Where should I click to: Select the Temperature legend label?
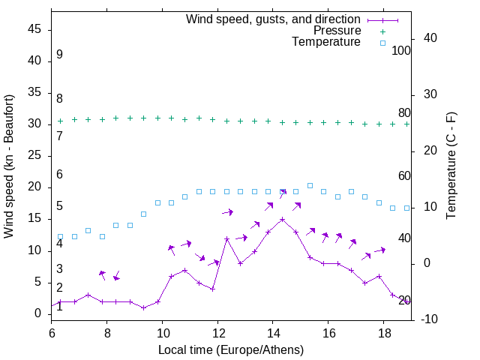[326, 43]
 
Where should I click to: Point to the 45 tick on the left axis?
[34, 29]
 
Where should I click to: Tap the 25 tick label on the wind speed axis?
[34, 155]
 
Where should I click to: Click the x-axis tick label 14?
[273, 331]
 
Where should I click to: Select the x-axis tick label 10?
[162, 331]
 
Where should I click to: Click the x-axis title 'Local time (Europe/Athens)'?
[231, 349]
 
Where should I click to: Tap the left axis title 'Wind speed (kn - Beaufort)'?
[9, 166]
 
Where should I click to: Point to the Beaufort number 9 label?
[59, 55]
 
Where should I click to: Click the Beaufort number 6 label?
[59, 175]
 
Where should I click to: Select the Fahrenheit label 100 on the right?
[401, 50]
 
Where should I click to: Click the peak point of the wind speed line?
[282, 220]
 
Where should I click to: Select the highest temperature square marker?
[310, 185]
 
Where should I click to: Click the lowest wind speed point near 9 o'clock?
[143, 308]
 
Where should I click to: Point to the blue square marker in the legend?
[382, 43]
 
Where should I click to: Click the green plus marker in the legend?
[382, 31]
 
